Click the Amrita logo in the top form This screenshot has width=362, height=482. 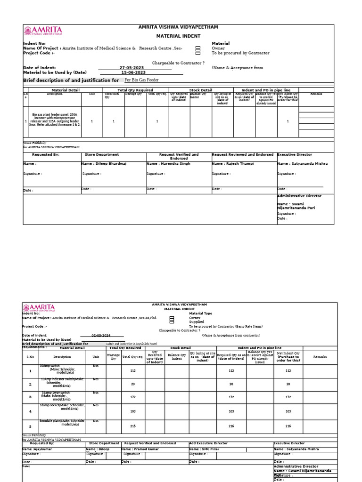tap(43, 32)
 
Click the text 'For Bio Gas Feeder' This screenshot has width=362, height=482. tap(141, 80)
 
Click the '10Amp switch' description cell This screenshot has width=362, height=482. tap(63, 370)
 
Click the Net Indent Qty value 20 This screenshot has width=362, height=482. tap(288, 384)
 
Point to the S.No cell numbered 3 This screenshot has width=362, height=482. tap(30, 397)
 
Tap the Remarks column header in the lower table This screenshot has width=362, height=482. tap(320, 357)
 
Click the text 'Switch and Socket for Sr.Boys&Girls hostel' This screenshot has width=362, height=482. tap(132, 344)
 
